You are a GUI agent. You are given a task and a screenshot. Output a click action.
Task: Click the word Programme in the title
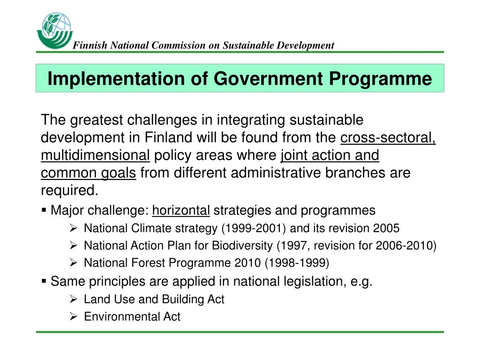pyautogui.click(x=381, y=79)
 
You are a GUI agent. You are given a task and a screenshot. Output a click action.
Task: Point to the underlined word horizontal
pyautogui.click(x=181, y=210)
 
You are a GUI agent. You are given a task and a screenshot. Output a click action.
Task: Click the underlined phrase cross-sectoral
pyautogui.click(x=388, y=137)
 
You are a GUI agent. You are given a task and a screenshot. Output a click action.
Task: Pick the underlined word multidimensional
pyautogui.click(x=95, y=155)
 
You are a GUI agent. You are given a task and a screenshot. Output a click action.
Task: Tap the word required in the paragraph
pyautogui.click(x=69, y=191)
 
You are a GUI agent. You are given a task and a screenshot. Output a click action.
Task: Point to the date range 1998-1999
pyautogui.click(x=297, y=263)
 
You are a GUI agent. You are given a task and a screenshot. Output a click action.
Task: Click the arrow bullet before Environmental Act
pyautogui.click(x=73, y=316)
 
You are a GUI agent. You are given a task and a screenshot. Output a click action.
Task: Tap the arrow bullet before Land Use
pyautogui.click(x=73, y=299)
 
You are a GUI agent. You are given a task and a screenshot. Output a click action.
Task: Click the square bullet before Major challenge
pyautogui.click(x=44, y=210)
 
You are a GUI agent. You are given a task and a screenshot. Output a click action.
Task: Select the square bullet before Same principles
pyautogui.click(x=44, y=281)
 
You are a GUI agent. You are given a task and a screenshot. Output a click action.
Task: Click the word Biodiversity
pyautogui.click(x=242, y=246)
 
